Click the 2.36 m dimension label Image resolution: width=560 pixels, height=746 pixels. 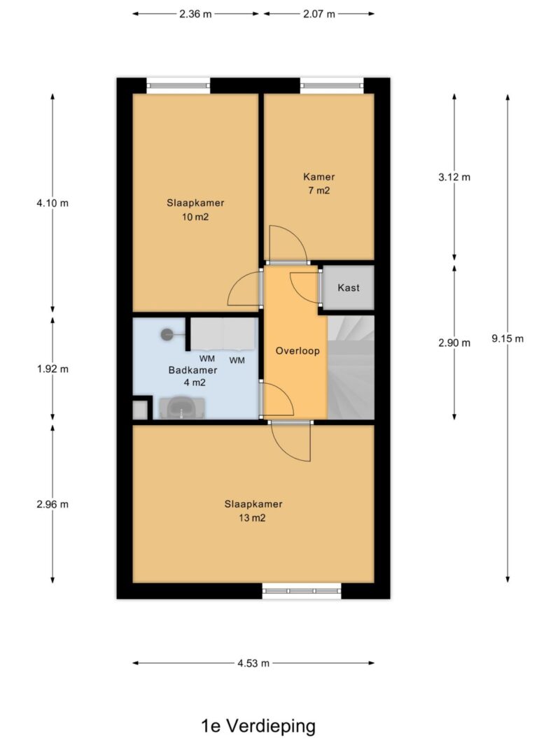(x=195, y=14)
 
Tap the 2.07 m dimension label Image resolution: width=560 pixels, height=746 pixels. (x=319, y=14)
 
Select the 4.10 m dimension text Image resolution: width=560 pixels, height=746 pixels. (x=52, y=203)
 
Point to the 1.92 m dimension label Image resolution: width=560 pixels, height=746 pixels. (x=52, y=368)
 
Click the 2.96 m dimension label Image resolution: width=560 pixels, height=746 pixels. (x=52, y=504)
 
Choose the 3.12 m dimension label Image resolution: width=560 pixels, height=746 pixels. (x=454, y=177)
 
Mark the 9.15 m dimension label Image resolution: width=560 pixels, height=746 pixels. (x=507, y=339)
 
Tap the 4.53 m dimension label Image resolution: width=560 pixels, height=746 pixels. (x=253, y=663)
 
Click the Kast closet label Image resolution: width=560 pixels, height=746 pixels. (x=349, y=287)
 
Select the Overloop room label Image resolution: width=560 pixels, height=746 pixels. (x=297, y=351)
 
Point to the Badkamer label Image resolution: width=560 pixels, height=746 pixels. (x=193, y=370)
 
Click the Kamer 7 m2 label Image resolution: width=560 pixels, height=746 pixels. (x=319, y=184)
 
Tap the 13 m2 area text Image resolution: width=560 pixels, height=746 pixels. (x=253, y=517)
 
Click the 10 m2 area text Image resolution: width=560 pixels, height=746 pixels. (x=195, y=217)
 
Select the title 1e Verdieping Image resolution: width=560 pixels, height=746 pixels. (x=258, y=726)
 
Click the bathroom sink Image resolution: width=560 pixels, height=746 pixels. (x=182, y=408)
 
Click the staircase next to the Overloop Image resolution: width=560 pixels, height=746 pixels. (x=351, y=367)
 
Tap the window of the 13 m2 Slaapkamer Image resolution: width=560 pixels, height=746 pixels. (x=302, y=591)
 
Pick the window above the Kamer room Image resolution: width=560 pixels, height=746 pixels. (x=332, y=85)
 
